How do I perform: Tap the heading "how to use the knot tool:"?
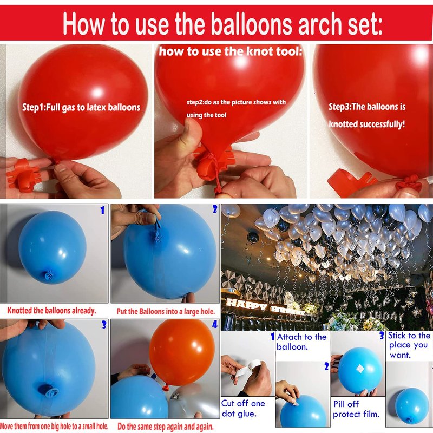pyautogui.click(x=231, y=51)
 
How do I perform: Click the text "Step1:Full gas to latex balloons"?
pyautogui.click(x=81, y=107)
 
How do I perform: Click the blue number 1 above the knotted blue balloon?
pyautogui.click(x=102, y=211)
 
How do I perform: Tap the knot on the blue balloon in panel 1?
pyautogui.click(x=49, y=276)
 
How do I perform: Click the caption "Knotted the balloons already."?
pyautogui.click(x=51, y=311)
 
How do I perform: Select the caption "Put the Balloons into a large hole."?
pyautogui.click(x=166, y=312)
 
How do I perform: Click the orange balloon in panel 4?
pyautogui.click(x=182, y=353)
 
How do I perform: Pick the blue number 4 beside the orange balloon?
pyautogui.click(x=215, y=324)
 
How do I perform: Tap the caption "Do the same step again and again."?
pyautogui.click(x=166, y=427)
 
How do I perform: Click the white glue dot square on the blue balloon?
pyautogui.click(x=360, y=369)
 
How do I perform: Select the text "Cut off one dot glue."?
pyautogui.click(x=243, y=409)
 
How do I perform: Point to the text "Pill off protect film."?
pyautogui.click(x=356, y=409)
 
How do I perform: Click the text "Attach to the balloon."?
pyautogui.click(x=301, y=342)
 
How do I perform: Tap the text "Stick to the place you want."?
pyautogui.click(x=409, y=345)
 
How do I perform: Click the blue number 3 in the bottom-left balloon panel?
pyautogui.click(x=104, y=325)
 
